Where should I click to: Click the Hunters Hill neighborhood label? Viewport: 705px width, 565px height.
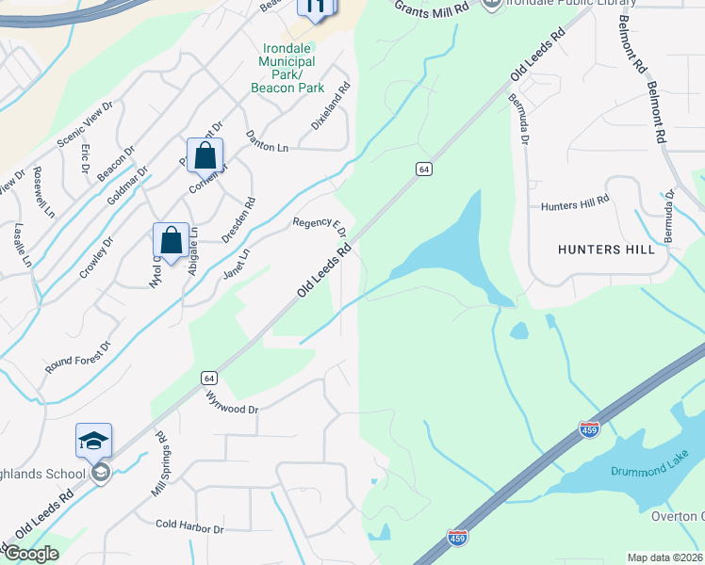tap(606, 250)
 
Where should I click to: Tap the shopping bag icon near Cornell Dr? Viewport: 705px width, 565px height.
tap(205, 155)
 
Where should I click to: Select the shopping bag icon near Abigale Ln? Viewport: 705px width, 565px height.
tap(171, 240)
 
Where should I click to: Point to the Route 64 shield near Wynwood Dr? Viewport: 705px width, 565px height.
tap(209, 378)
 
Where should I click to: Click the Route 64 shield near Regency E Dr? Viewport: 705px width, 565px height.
tap(424, 169)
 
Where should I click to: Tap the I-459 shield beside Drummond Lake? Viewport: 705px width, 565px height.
tap(590, 429)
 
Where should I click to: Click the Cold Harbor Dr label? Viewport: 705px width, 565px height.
tap(189, 528)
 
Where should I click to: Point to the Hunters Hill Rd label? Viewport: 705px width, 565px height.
tap(576, 204)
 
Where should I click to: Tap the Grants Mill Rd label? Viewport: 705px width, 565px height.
tap(431, 8)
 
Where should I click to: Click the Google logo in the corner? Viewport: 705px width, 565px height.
tap(30, 554)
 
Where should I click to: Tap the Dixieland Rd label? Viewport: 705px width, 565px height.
tap(331, 106)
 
